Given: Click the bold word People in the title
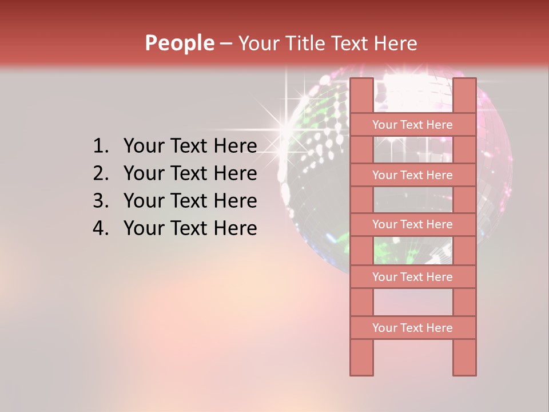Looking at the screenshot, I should (x=179, y=43).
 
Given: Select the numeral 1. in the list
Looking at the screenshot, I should (x=101, y=146).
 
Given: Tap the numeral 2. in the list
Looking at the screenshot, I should (x=101, y=173).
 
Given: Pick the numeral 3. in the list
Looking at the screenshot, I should (x=101, y=201).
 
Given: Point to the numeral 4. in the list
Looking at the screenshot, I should (x=101, y=228).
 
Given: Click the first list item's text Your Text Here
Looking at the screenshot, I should (x=190, y=146).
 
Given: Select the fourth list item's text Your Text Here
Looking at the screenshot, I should (x=190, y=228).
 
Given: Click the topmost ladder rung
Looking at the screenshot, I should (x=412, y=125).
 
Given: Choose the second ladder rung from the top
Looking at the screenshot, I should (x=412, y=175).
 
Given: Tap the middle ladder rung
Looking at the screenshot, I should (x=412, y=224).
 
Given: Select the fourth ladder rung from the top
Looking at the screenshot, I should (x=412, y=277).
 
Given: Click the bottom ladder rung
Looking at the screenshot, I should (x=412, y=328).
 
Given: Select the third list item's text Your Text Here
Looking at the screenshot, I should (x=190, y=201).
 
